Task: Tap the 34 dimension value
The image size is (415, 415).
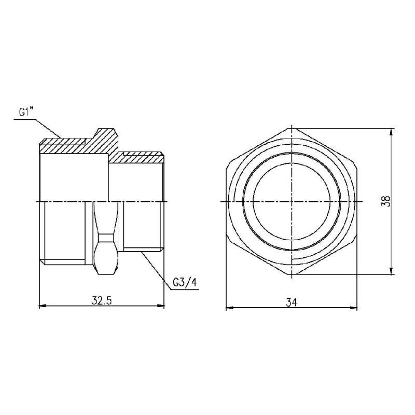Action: (292, 301)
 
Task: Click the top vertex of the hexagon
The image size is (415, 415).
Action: (292, 127)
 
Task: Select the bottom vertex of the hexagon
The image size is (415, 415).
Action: (292, 275)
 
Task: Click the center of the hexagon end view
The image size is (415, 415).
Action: (292, 201)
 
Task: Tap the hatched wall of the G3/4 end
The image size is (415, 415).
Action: (140, 156)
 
